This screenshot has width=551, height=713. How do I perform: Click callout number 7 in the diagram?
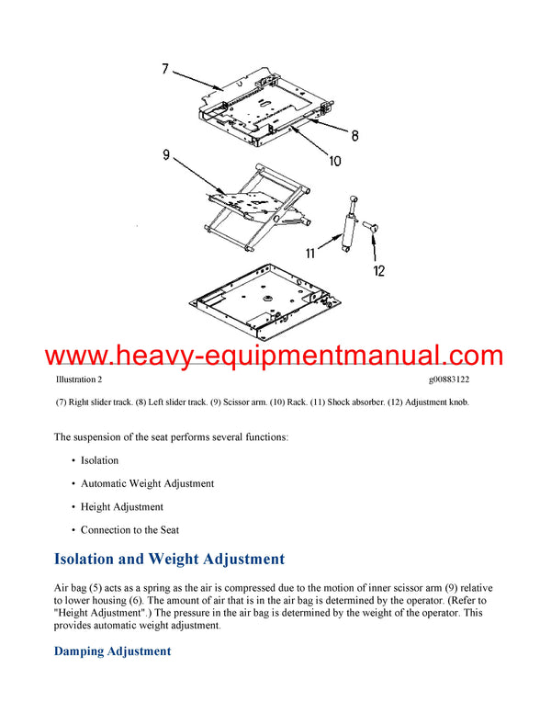pos(164,67)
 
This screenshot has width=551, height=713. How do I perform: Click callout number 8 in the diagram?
pos(354,135)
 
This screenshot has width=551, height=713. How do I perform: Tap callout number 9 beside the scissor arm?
pos(166,155)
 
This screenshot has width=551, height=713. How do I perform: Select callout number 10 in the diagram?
pos(334,161)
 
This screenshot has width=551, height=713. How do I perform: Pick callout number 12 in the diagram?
pos(378,270)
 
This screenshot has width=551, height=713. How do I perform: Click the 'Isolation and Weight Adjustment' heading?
pos(170,559)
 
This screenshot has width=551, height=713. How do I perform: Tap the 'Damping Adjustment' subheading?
pos(112,651)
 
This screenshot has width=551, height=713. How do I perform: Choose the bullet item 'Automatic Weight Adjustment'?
pos(147,483)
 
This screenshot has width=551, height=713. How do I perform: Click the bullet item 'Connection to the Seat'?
pos(129,530)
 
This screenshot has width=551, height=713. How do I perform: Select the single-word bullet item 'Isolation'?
pos(99,460)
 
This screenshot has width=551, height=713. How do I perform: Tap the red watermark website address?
pos(275,356)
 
